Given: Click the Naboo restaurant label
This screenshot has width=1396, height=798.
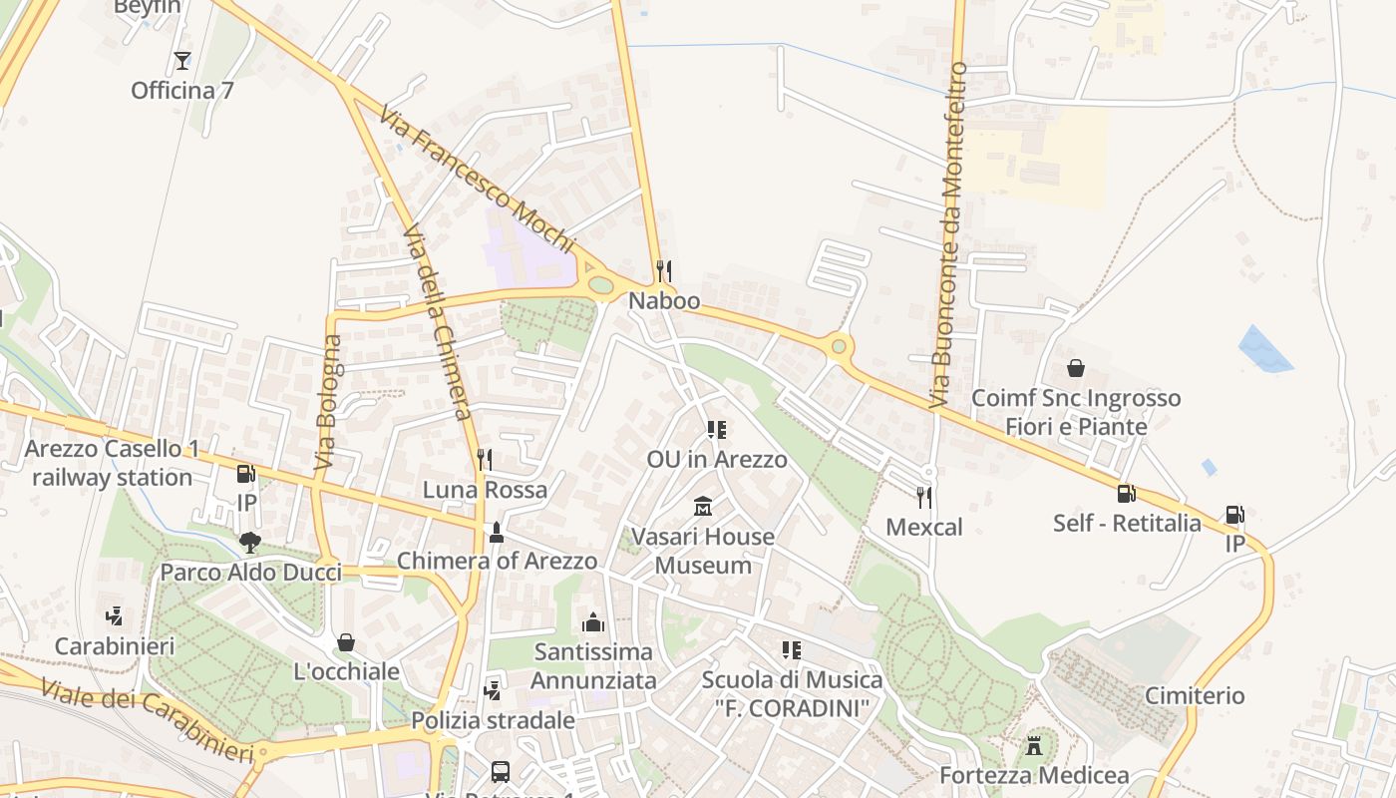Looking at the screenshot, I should [x=664, y=301].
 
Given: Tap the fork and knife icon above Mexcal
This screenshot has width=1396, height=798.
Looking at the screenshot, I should [x=924, y=497].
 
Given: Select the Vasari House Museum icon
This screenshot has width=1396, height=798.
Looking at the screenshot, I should [x=703, y=507].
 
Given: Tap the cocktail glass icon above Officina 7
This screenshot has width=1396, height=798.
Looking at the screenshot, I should [x=181, y=61].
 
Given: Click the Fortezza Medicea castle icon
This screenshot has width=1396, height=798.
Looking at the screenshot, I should [x=1034, y=745].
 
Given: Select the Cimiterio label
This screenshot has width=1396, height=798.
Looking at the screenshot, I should [x=1195, y=695].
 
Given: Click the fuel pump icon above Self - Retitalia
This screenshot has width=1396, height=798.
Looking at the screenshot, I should [x=1126, y=493].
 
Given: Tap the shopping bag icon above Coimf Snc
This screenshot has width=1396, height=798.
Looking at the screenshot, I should [x=1076, y=368].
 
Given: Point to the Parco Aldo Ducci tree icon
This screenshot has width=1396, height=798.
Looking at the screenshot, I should [x=250, y=543].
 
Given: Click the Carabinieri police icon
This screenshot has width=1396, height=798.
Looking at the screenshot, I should [x=115, y=616].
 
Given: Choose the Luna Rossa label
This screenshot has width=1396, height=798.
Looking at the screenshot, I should [x=485, y=490].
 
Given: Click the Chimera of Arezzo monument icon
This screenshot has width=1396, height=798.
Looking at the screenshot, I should [x=497, y=532].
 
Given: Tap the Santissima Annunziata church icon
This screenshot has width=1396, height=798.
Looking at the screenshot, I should [x=593, y=622].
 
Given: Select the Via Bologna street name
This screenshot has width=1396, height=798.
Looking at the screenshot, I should [x=327, y=403].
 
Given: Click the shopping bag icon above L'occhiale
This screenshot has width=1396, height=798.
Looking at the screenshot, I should [x=346, y=641].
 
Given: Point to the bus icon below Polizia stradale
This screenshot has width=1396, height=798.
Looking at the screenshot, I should [x=501, y=771].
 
